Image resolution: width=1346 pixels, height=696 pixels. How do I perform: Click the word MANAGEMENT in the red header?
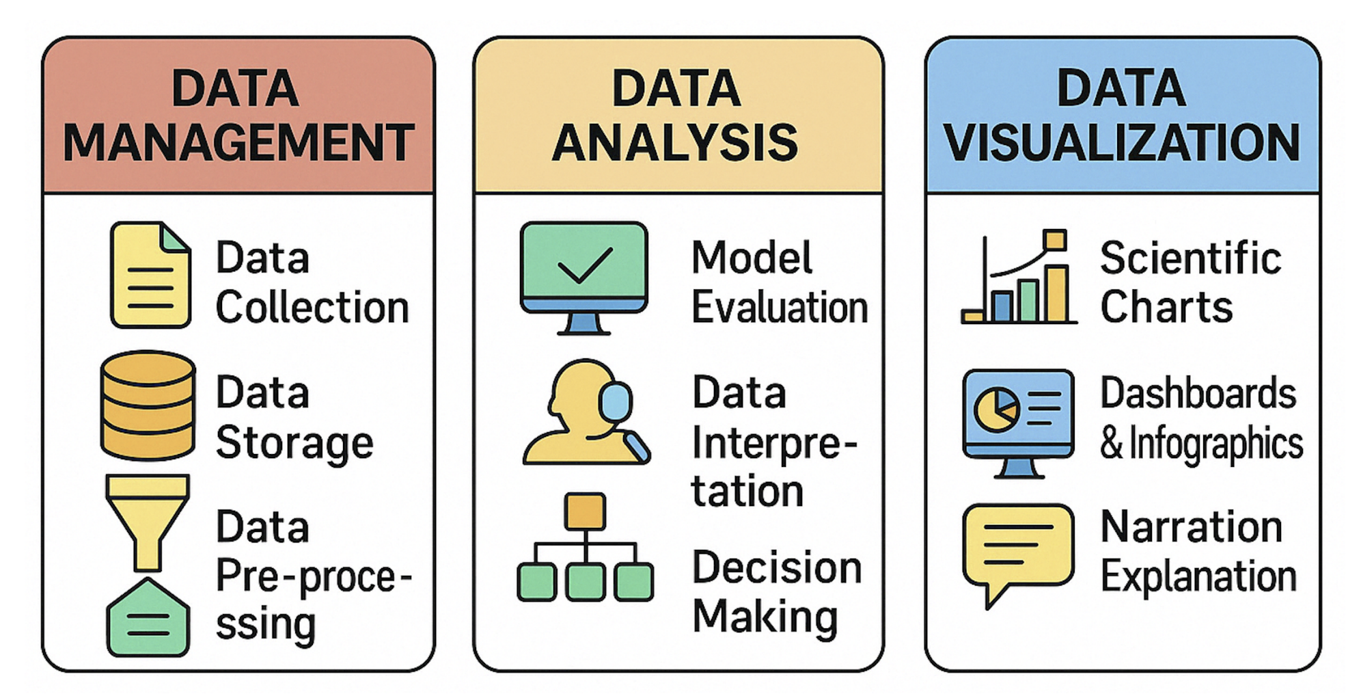coord(238,142)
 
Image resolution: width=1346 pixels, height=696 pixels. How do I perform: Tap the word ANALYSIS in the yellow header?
coord(675,142)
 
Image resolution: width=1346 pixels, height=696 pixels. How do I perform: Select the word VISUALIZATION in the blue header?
coord(1122,142)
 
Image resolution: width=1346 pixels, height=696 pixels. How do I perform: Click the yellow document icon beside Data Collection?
coord(150,275)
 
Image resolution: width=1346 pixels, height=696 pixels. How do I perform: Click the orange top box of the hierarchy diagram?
coord(585,511)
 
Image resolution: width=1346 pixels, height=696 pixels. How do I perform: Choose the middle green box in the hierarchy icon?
coord(586,582)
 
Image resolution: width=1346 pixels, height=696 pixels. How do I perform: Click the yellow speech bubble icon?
coord(1017,547)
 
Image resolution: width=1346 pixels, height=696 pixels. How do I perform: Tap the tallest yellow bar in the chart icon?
coord(1056,294)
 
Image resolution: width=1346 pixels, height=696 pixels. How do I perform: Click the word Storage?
coord(294,443)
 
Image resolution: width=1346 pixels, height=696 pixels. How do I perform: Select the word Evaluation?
coord(780,308)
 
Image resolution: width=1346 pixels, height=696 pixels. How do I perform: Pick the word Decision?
coord(777,567)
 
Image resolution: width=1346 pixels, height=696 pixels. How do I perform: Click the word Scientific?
coord(1190,258)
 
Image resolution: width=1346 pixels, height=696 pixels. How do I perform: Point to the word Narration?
coord(1192,527)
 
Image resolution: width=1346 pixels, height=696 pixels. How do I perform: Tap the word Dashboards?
coord(1198,393)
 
